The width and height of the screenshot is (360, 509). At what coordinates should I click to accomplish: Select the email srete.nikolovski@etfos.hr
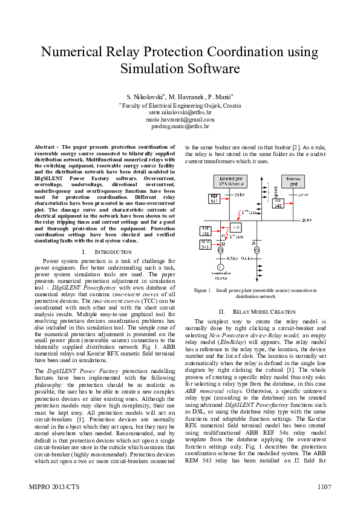(180, 112)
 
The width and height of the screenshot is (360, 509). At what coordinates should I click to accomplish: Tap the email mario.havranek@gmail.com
(180, 120)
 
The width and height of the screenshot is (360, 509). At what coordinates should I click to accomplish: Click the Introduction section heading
(106, 251)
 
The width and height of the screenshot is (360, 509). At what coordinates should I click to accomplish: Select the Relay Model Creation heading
(257, 311)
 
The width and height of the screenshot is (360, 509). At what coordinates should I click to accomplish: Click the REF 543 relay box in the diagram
(214, 199)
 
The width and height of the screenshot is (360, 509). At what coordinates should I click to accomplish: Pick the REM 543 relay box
(206, 244)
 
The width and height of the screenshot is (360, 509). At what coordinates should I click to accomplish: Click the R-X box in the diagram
(237, 227)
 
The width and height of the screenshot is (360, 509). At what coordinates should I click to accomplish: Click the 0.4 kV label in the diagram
(247, 258)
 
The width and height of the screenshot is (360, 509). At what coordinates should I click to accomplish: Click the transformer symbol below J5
(257, 250)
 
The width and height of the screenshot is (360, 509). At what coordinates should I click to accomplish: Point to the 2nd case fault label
(252, 213)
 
